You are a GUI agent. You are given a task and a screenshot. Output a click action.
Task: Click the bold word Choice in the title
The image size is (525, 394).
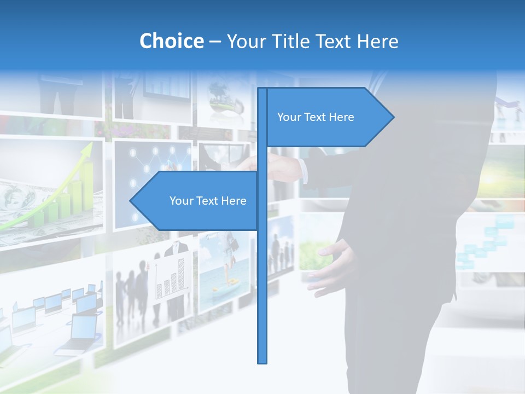pos(171,41)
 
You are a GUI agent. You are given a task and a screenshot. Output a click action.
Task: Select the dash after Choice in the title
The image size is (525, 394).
pos(215,42)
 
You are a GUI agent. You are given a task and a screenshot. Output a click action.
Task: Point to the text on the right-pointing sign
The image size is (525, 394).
pos(316,117)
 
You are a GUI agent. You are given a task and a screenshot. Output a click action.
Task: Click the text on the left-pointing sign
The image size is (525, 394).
pos(208,201)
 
